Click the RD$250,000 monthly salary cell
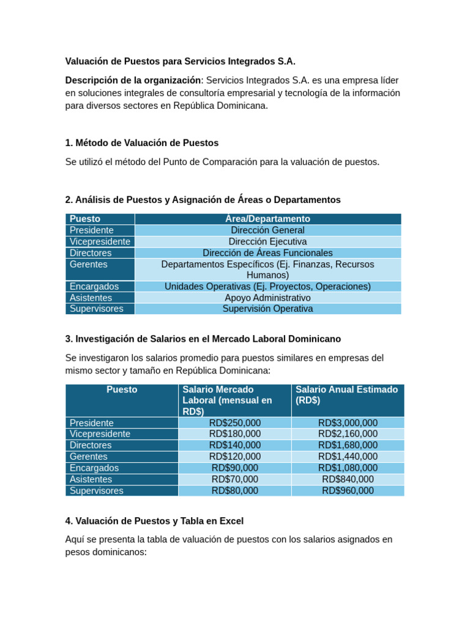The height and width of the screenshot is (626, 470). pyautogui.click(x=234, y=423)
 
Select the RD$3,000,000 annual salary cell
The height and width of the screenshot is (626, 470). pyautogui.click(x=348, y=423)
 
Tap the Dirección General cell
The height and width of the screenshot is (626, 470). pyautogui.click(x=267, y=230)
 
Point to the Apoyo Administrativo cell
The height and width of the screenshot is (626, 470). pyautogui.click(x=267, y=298)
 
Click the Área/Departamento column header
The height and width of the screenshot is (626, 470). pyautogui.click(x=267, y=219)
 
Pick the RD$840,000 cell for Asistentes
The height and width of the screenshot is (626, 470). pyautogui.click(x=348, y=479)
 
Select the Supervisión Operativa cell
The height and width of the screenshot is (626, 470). pyautogui.click(x=267, y=309)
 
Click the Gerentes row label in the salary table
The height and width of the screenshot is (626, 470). pyautogui.click(x=89, y=457)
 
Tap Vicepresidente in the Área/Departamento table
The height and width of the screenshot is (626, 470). pyautogui.click(x=100, y=241)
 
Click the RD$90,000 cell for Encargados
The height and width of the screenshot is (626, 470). pyautogui.click(x=234, y=468)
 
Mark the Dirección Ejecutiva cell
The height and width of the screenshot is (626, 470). pyautogui.click(x=267, y=241)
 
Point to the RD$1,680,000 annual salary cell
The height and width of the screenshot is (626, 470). pyautogui.click(x=348, y=446)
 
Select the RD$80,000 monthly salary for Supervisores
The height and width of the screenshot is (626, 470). pyautogui.click(x=234, y=491)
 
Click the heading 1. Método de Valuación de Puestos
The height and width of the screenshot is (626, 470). pyautogui.click(x=141, y=143)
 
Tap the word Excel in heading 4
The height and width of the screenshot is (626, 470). pyautogui.click(x=231, y=521)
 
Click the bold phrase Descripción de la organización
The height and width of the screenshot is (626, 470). pyautogui.click(x=133, y=81)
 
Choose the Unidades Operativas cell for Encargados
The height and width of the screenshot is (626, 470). pyautogui.click(x=267, y=287)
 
